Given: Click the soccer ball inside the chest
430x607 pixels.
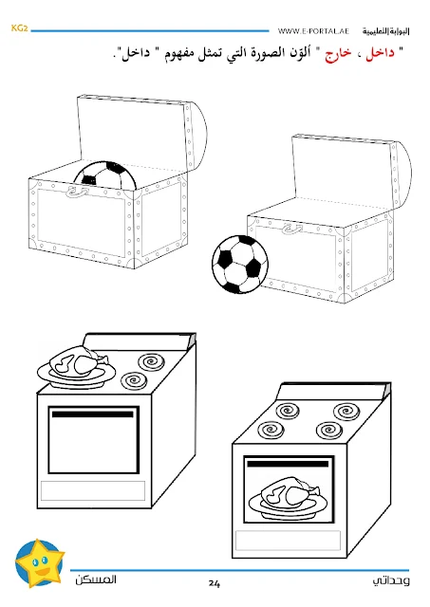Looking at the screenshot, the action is [x=105, y=176].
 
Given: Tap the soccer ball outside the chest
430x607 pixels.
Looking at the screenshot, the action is [x=240, y=264].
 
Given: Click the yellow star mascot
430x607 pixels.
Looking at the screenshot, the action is [x=40, y=562].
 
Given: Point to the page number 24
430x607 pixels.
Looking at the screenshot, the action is [x=215, y=583].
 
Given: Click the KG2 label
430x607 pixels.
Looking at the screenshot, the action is [x=19, y=28].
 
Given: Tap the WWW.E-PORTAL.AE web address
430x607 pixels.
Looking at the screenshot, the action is [x=313, y=31].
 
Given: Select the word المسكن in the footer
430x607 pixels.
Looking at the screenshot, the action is [x=96, y=579].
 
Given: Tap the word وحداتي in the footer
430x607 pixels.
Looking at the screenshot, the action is [x=391, y=580].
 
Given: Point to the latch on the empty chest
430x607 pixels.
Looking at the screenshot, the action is [x=292, y=229].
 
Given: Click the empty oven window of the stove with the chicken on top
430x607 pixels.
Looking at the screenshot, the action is [x=93, y=440].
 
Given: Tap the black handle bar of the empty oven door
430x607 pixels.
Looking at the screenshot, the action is [x=93, y=414].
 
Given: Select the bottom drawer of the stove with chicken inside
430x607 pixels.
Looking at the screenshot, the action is [x=288, y=540].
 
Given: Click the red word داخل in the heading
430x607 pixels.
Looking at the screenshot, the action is [x=380, y=53].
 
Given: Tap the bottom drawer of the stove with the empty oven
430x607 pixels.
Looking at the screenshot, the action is [x=93, y=490].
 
